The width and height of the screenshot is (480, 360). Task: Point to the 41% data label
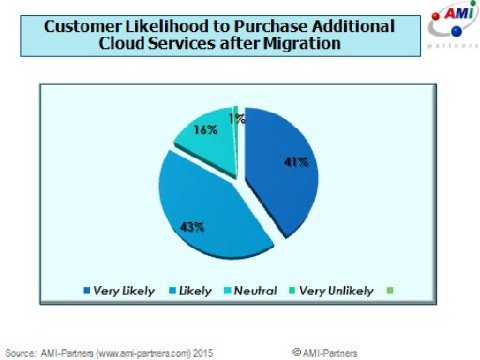coord(297,160)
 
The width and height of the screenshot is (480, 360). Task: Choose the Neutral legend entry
coord(255,291)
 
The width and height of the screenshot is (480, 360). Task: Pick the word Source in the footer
coord(22,352)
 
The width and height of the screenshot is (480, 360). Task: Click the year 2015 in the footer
coord(203,352)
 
